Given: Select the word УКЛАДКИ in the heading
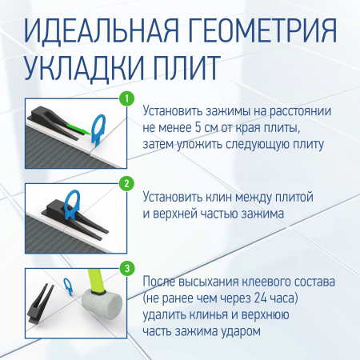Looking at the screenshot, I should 87,70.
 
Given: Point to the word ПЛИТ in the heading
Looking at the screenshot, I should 198,70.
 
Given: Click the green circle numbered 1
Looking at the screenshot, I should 126,99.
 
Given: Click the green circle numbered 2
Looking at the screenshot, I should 126,182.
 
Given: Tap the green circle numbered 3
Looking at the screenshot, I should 126,267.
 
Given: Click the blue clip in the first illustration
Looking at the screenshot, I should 101,127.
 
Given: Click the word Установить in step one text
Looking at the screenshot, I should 174,111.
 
